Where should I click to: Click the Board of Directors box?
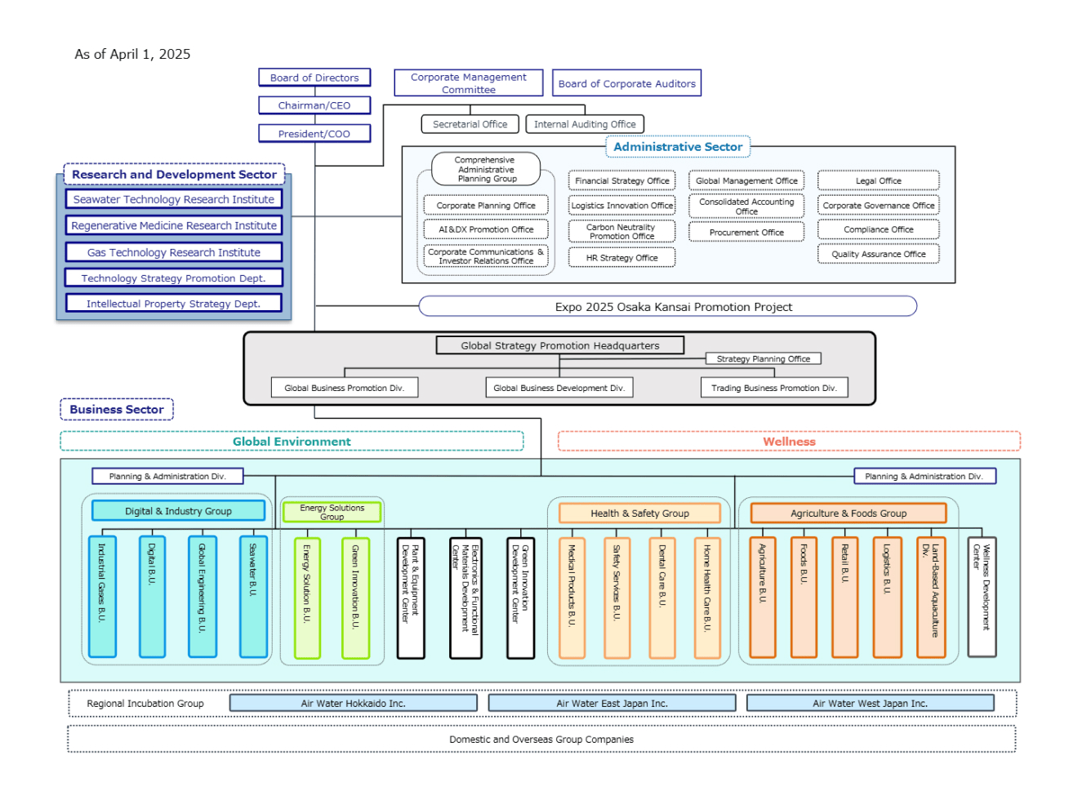coord(314,78)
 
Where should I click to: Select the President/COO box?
coord(314,133)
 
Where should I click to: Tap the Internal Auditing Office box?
coord(584,124)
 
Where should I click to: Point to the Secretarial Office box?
coord(470,124)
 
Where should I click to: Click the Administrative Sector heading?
coord(678,146)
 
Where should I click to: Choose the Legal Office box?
coord(878,180)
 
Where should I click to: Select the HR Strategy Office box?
coord(621,258)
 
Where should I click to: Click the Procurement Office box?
coord(746,232)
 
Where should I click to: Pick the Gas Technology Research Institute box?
coord(173,252)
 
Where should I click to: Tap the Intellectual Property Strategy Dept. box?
coord(173,304)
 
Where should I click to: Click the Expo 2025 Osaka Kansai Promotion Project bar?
coord(667,306)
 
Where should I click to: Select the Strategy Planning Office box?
coord(763,358)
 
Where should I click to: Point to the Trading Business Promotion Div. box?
coord(773,388)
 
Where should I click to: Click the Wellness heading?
coord(789,441)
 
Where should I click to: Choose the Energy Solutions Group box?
coord(332,512)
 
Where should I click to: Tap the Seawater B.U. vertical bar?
coord(253,597)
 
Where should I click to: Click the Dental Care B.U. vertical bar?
coord(662,598)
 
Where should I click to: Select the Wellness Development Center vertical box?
coord(982,597)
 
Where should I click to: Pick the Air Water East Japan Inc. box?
coord(612,703)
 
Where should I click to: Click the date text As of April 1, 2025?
coord(132,54)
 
